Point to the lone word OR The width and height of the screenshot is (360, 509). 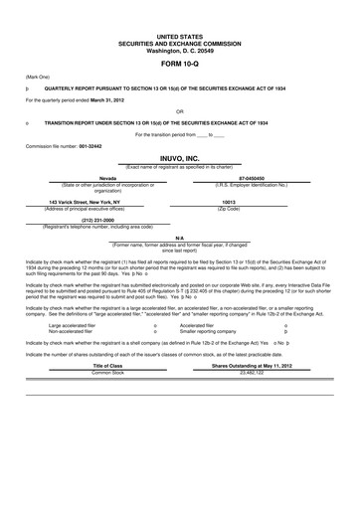(179, 111)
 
